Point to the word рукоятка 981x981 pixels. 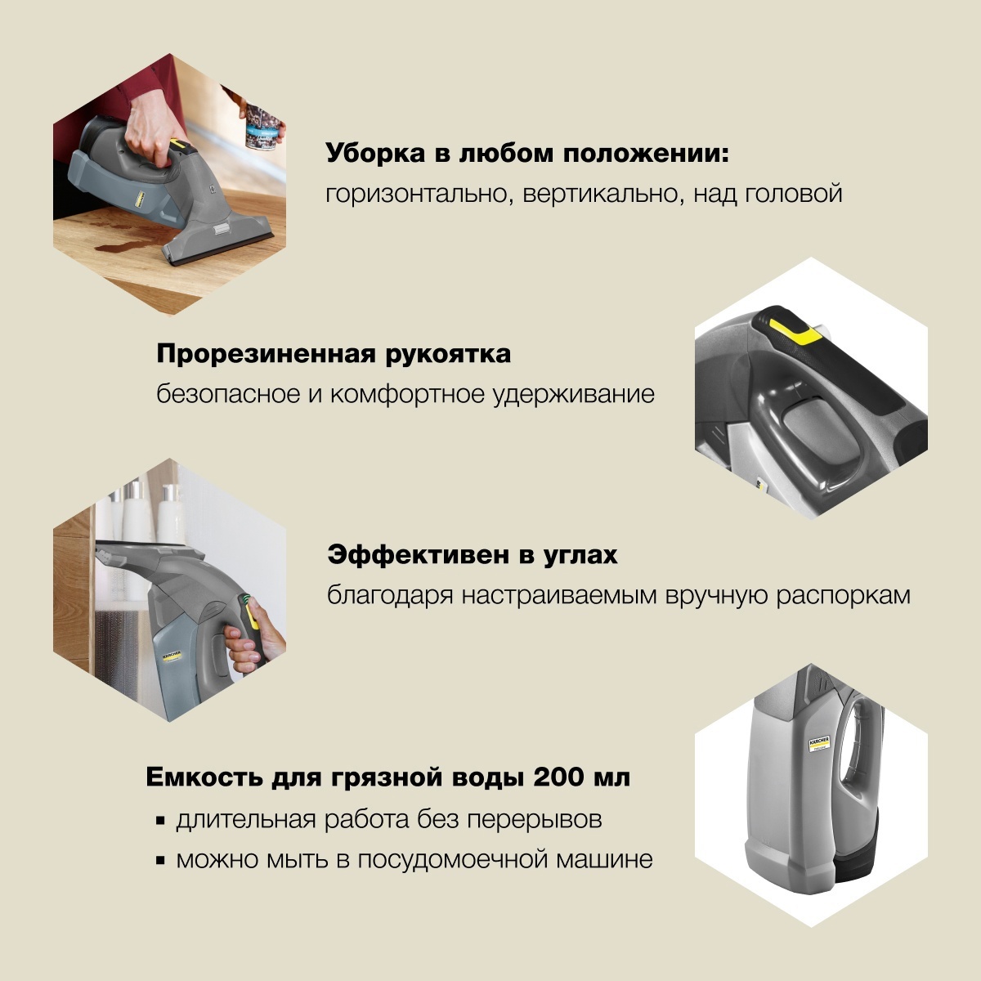click(x=457, y=354)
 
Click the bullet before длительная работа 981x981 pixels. click(x=160, y=820)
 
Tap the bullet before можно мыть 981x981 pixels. click(x=160, y=861)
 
